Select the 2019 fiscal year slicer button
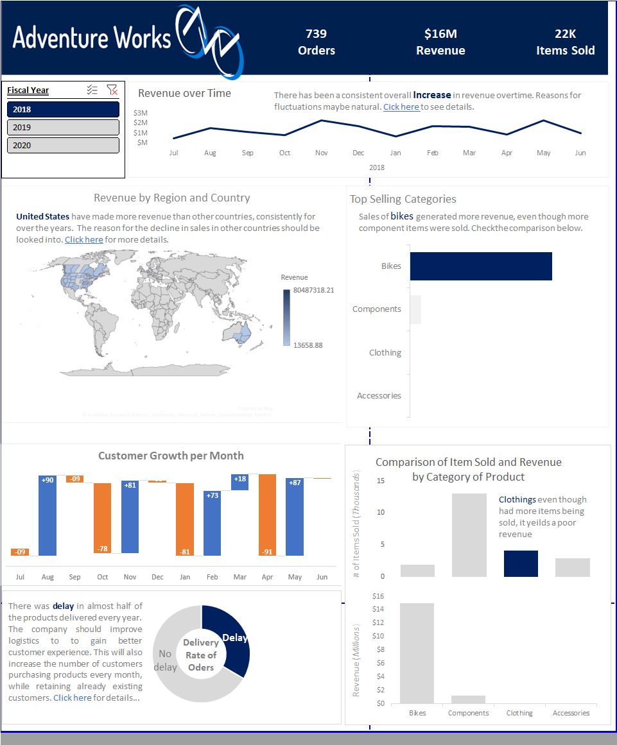click(63, 127)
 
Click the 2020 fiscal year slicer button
click(63, 145)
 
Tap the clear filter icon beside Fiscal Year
click(112, 90)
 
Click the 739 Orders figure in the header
click(317, 42)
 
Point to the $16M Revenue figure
click(440, 42)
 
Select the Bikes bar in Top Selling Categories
click(480, 266)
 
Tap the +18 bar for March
click(239, 483)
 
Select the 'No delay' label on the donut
click(165, 660)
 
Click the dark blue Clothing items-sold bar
click(520, 563)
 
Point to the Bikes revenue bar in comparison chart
click(417, 653)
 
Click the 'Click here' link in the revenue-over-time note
click(401, 107)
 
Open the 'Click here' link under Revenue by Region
click(83, 239)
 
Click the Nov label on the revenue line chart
click(321, 153)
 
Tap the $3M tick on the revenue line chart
click(140, 113)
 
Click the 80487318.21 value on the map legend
click(313, 290)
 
